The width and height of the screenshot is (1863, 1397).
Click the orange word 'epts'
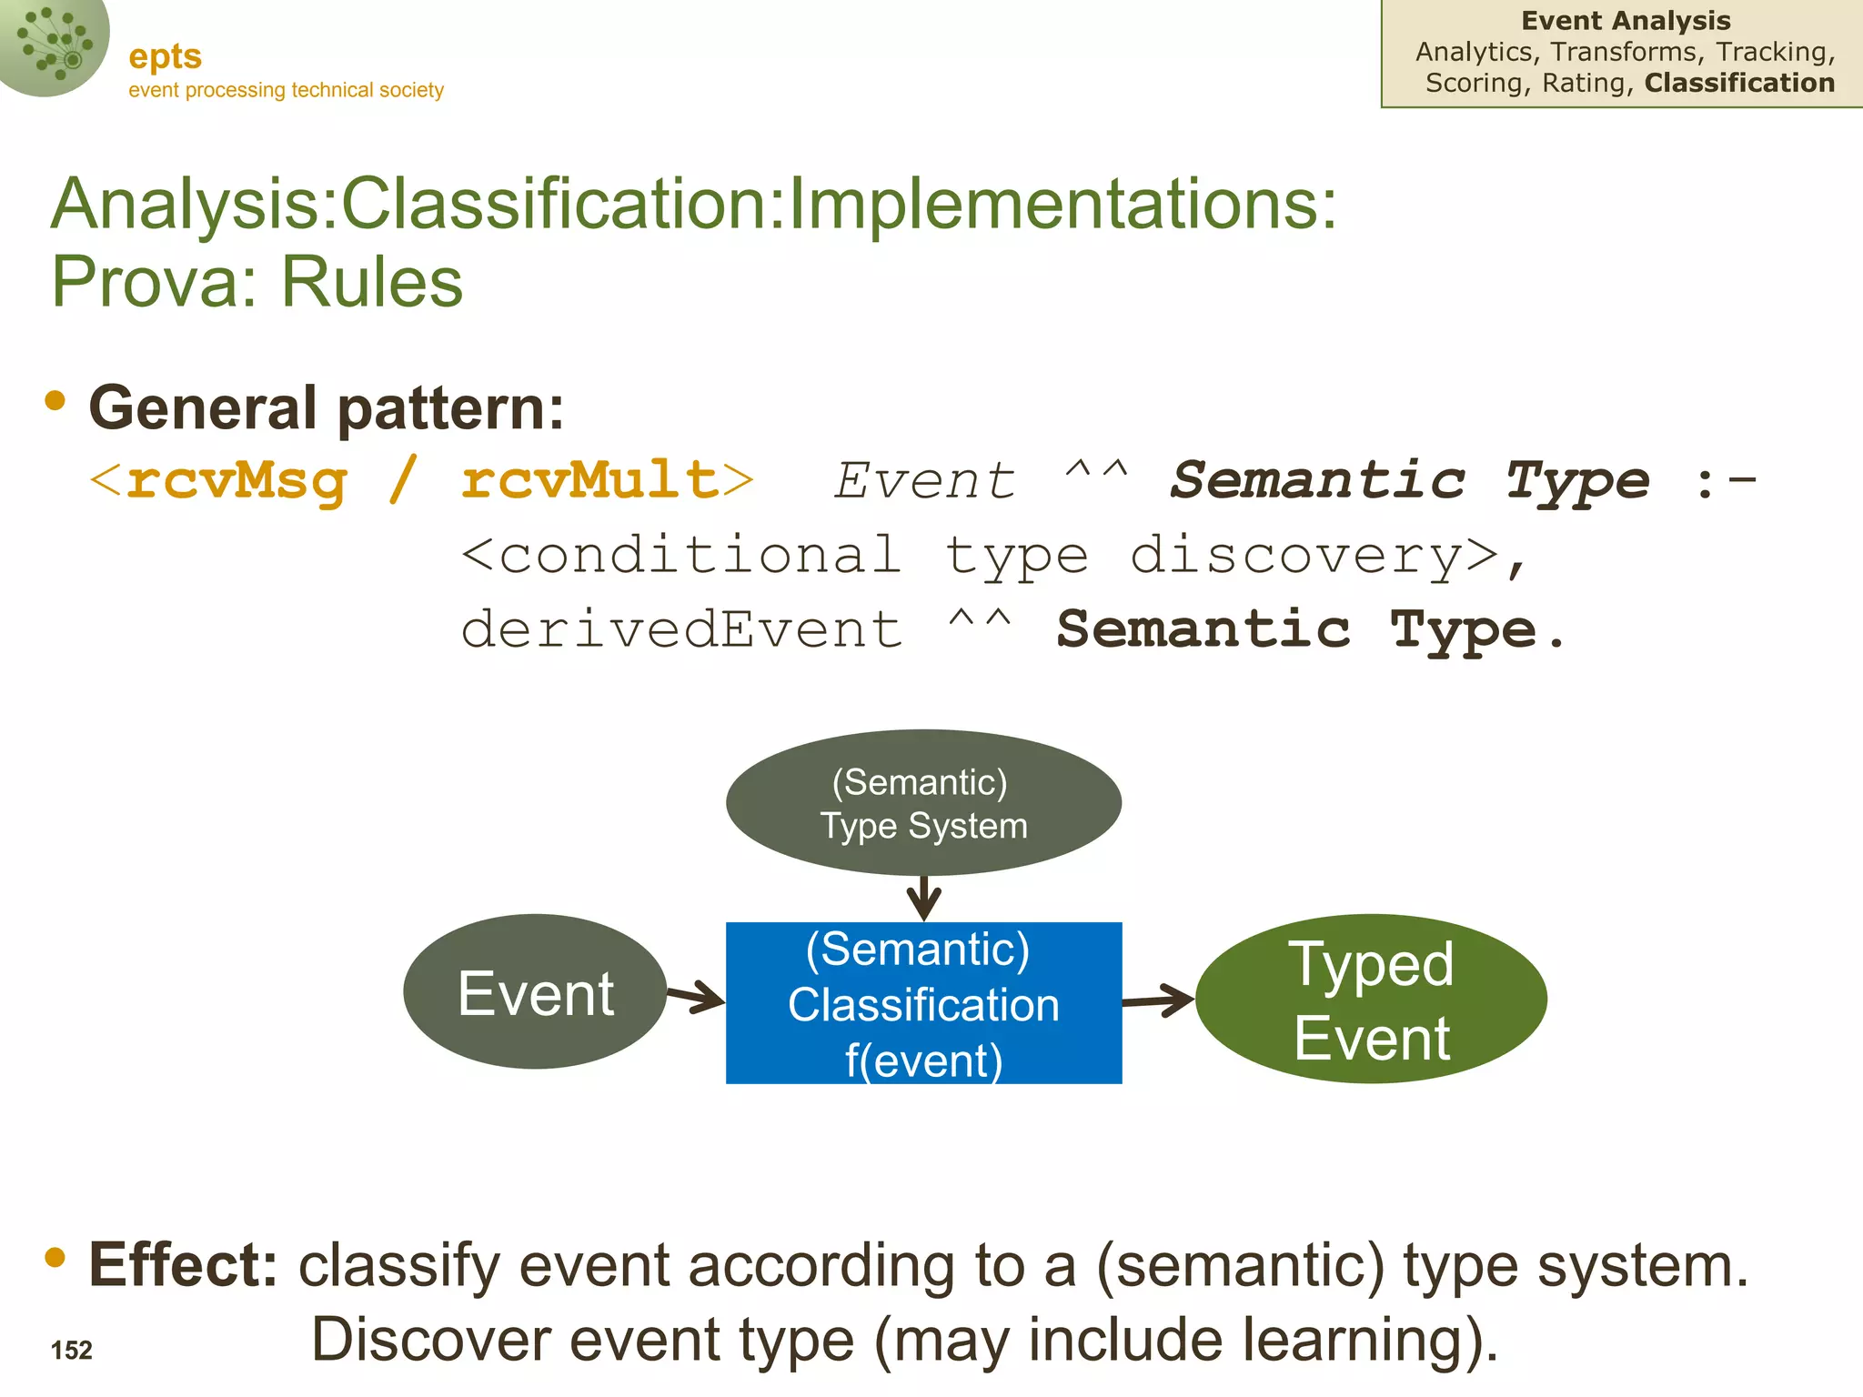165,56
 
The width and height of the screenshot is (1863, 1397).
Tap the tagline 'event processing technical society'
286,90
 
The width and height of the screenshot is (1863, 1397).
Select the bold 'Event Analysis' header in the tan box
1626,20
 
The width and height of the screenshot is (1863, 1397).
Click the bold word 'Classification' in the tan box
1739,83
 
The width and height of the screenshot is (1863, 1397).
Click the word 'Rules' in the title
372,281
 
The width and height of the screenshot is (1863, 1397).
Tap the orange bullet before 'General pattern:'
55,401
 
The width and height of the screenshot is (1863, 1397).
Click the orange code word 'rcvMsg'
237,479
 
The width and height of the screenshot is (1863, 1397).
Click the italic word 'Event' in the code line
924,480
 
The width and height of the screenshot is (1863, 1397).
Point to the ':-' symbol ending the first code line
1726,480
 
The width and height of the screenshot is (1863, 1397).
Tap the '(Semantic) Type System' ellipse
923,803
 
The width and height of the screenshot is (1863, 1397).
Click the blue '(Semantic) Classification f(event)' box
923,1003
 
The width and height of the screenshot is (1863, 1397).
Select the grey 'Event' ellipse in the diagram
535,992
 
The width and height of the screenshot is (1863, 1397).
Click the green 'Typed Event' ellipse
1371,1000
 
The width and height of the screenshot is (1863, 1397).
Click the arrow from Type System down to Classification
923,899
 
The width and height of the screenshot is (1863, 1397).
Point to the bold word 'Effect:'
183,1265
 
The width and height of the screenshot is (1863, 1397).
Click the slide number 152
72,1350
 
